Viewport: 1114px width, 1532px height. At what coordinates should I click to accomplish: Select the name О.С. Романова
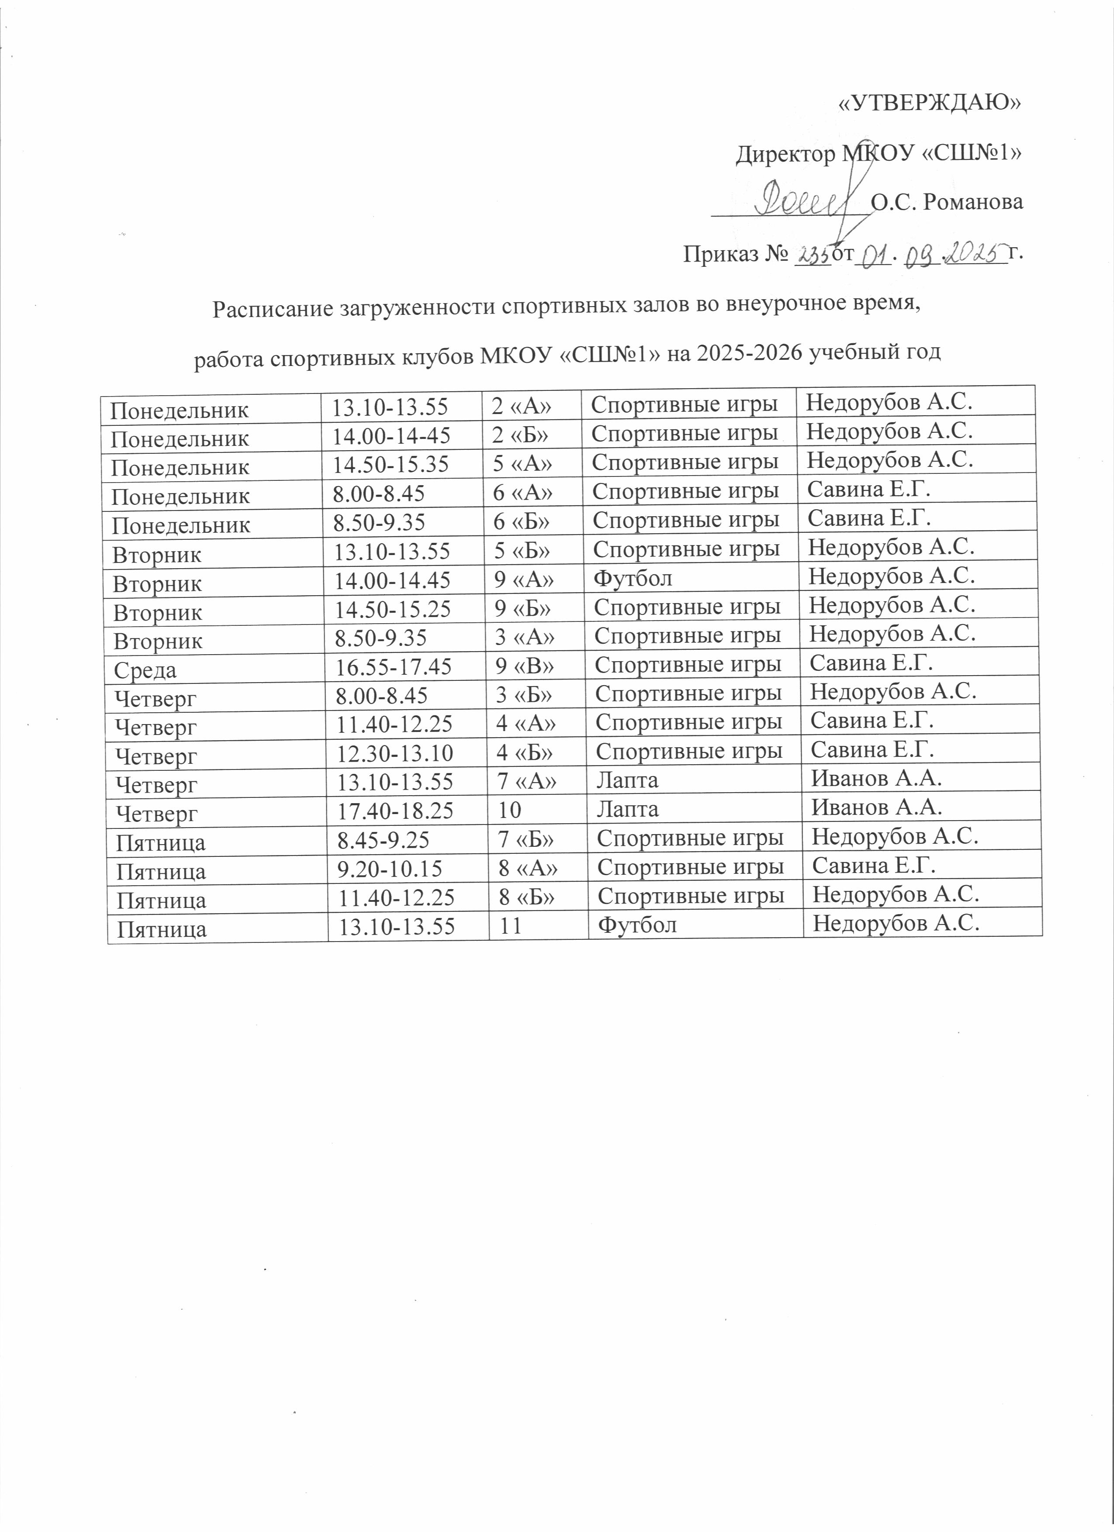(946, 202)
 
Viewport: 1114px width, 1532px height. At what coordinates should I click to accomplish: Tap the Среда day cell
(146, 670)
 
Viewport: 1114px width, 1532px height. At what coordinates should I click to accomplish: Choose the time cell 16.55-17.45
(394, 667)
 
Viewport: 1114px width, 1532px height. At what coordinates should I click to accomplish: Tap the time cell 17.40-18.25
(395, 811)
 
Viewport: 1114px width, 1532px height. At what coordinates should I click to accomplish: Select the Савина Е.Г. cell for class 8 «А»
(873, 865)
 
